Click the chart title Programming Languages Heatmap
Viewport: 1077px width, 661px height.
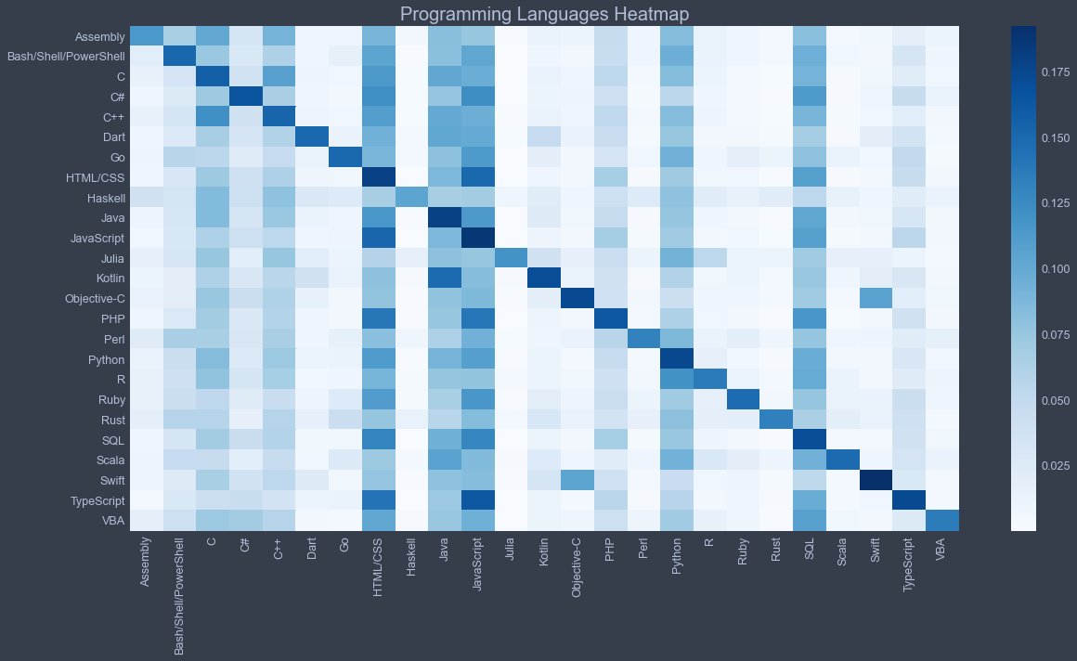pyautogui.click(x=544, y=14)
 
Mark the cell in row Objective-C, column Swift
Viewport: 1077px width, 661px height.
pyautogui.click(x=876, y=298)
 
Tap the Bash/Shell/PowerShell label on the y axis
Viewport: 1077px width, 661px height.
pyautogui.click(x=66, y=57)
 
